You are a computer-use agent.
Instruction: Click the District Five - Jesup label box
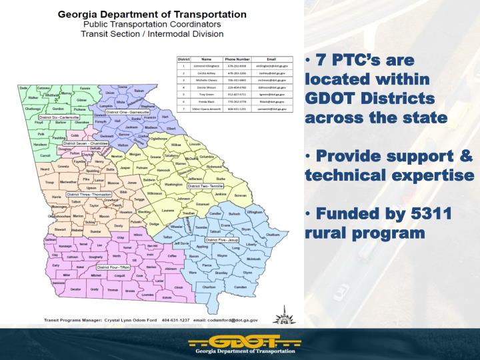coord(223,239)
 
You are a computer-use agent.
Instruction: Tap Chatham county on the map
coord(273,235)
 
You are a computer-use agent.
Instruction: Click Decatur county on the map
coord(75,289)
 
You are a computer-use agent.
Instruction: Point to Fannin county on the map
coord(84,88)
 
